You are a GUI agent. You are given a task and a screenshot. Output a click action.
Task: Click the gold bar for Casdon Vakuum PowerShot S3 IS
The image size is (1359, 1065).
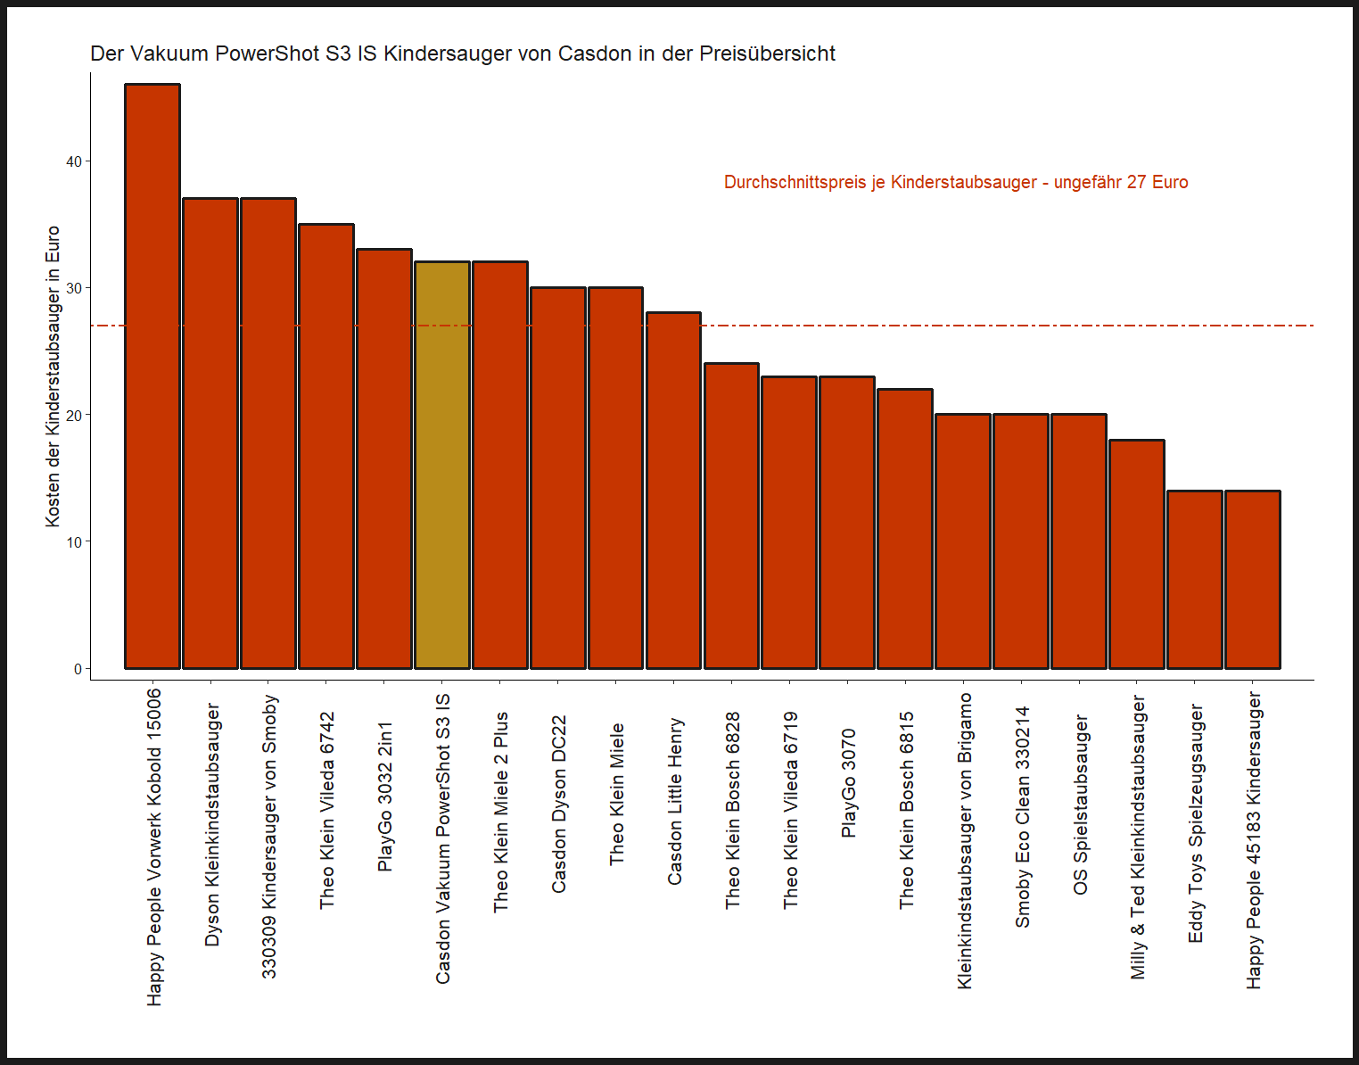click(x=441, y=465)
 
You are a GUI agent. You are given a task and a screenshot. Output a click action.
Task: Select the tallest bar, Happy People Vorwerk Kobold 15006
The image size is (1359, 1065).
click(x=152, y=376)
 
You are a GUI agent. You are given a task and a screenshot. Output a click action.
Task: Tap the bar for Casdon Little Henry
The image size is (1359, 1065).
click(x=673, y=490)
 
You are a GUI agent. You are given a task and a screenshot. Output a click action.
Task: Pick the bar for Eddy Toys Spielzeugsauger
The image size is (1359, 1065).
click(x=1194, y=579)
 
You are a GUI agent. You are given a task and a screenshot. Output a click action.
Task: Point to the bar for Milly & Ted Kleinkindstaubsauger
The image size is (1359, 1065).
click(x=1136, y=554)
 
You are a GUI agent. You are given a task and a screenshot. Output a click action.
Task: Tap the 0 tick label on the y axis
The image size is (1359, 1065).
click(x=78, y=669)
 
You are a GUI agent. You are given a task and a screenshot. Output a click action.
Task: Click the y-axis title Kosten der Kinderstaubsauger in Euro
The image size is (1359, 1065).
click(x=53, y=376)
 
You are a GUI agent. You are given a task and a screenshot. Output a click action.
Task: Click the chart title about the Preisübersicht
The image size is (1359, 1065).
click(x=462, y=54)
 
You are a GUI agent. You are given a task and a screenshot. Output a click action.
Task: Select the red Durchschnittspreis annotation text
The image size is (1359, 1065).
click(x=955, y=183)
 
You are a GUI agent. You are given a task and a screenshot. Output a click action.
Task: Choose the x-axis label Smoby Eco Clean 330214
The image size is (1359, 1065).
click(x=1022, y=817)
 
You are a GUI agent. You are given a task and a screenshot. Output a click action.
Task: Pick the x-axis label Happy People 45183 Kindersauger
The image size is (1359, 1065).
click(x=1254, y=840)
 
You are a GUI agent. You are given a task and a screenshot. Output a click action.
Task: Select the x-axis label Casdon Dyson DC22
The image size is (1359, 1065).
click(x=558, y=804)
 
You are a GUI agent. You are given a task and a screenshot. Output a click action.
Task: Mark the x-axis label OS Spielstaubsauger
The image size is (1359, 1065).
click(x=1080, y=805)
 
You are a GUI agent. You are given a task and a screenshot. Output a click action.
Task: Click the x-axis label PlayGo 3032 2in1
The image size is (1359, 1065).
click(x=384, y=797)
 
